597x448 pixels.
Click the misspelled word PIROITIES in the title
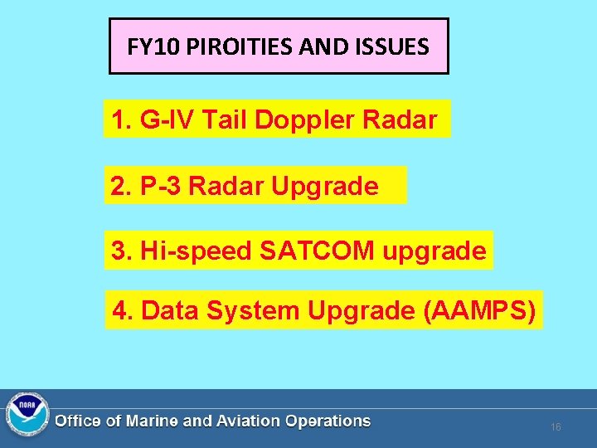235,46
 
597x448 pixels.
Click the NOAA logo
27,414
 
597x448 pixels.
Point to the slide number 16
556,427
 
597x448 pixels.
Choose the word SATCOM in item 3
317,251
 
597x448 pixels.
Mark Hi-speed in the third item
196,251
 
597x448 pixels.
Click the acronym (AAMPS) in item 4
479,310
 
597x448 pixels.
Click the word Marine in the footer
152,421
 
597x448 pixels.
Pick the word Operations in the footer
328,421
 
